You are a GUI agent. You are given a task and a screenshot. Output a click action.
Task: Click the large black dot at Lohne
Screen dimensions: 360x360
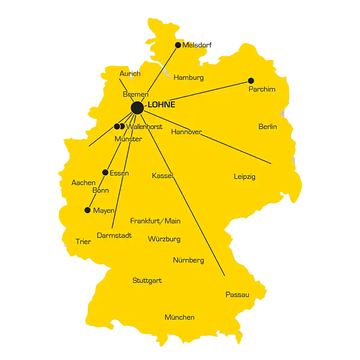click(137, 108)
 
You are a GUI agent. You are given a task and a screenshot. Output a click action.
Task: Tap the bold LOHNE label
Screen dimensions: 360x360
click(161, 105)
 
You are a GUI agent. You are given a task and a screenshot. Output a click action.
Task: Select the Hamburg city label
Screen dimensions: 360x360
click(188, 77)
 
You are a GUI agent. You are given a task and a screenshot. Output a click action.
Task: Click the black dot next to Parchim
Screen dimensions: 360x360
click(251, 81)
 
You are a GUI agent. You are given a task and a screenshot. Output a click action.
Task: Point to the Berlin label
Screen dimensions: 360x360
click(268, 126)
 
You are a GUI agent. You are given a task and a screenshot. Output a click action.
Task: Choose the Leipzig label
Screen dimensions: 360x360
click(245, 176)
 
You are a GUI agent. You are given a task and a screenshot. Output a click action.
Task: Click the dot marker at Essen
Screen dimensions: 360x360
click(105, 172)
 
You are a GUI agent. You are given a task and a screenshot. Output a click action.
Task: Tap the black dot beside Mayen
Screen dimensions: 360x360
click(87, 210)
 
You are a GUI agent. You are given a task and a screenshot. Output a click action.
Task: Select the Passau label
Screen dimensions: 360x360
click(237, 295)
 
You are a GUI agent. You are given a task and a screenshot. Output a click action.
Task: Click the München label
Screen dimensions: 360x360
click(179, 317)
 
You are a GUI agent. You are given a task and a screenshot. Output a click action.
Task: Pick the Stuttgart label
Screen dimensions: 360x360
click(147, 280)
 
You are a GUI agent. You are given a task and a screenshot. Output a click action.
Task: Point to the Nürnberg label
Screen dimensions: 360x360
click(188, 260)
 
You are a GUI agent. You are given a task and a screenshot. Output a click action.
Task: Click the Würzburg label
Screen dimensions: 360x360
click(164, 239)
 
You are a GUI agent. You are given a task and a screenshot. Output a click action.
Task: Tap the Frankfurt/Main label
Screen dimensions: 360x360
click(155, 220)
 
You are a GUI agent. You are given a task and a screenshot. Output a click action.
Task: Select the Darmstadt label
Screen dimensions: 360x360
click(114, 235)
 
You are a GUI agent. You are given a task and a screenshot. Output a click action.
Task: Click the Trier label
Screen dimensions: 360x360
click(83, 242)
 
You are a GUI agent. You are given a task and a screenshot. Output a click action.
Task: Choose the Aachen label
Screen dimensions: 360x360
click(83, 183)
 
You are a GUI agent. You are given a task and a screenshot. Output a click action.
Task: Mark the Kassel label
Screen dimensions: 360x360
click(163, 175)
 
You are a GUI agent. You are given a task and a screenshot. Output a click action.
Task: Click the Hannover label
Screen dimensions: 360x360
click(186, 132)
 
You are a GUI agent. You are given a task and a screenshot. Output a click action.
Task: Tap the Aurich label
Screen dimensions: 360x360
click(130, 73)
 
